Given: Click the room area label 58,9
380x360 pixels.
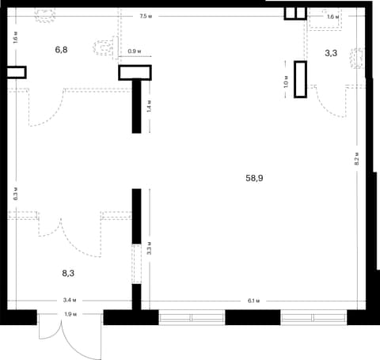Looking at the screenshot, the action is [254, 178].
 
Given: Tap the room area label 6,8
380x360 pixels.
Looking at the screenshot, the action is [61, 50].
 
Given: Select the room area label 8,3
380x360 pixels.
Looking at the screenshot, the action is [68, 274].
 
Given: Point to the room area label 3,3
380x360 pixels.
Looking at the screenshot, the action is [331, 53].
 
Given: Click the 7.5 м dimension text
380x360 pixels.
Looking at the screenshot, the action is [146, 17].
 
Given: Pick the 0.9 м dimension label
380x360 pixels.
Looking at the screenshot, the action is [135, 51].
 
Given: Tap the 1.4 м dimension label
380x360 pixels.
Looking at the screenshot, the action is [149, 106].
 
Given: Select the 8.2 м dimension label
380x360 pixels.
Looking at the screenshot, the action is [356, 159].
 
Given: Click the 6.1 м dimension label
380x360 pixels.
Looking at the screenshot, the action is [253, 301].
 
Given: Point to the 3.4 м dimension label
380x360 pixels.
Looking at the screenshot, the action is [70, 300].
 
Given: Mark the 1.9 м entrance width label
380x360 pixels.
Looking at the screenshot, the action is [70, 314].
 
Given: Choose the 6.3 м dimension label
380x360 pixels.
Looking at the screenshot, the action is [16, 194].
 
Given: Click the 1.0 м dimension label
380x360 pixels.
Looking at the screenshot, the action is [286, 81].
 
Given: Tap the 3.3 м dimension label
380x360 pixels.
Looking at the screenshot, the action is [150, 248].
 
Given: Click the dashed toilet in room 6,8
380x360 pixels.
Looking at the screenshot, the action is [104, 47].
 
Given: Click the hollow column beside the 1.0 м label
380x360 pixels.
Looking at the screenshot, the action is [301, 79].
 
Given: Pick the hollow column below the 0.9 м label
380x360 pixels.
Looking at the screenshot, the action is [135, 73].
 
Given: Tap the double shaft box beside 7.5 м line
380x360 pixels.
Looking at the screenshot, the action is [295, 13].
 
